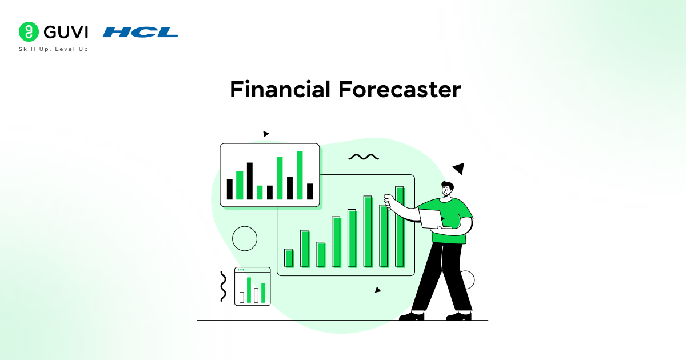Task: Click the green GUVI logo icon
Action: (28, 32)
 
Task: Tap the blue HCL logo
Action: (141, 32)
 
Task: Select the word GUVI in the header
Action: (63, 32)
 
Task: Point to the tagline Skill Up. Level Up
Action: (54, 49)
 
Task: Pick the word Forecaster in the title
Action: (399, 90)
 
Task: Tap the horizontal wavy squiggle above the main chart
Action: (364, 157)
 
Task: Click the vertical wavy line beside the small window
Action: (223, 286)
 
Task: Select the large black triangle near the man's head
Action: (459, 168)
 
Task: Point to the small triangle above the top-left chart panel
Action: (265, 134)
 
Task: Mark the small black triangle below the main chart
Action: (377, 290)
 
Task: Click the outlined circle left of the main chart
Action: (245, 238)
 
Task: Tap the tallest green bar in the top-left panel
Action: (300, 175)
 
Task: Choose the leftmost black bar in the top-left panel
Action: (230, 189)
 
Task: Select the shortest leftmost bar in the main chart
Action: (289, 258)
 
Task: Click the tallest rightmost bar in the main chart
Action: (400, 227)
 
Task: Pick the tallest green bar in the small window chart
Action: (249, 290)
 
